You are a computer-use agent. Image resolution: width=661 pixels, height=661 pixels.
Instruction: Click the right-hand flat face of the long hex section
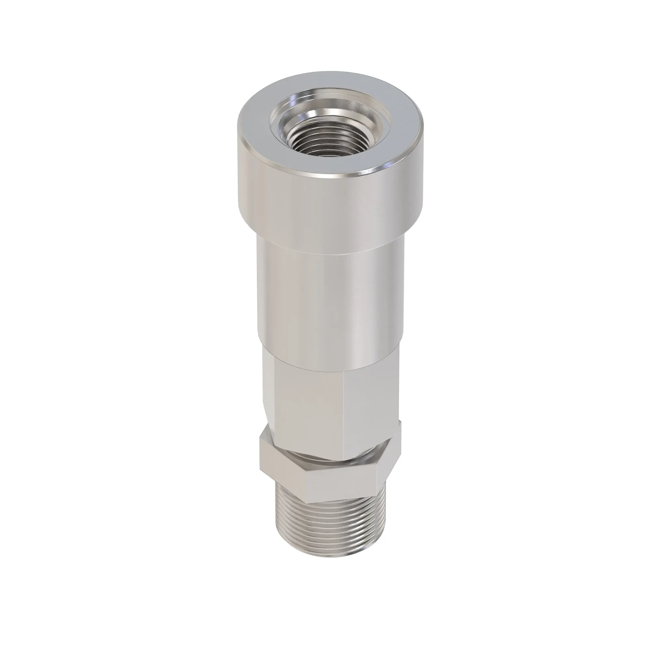coord(371,400)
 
